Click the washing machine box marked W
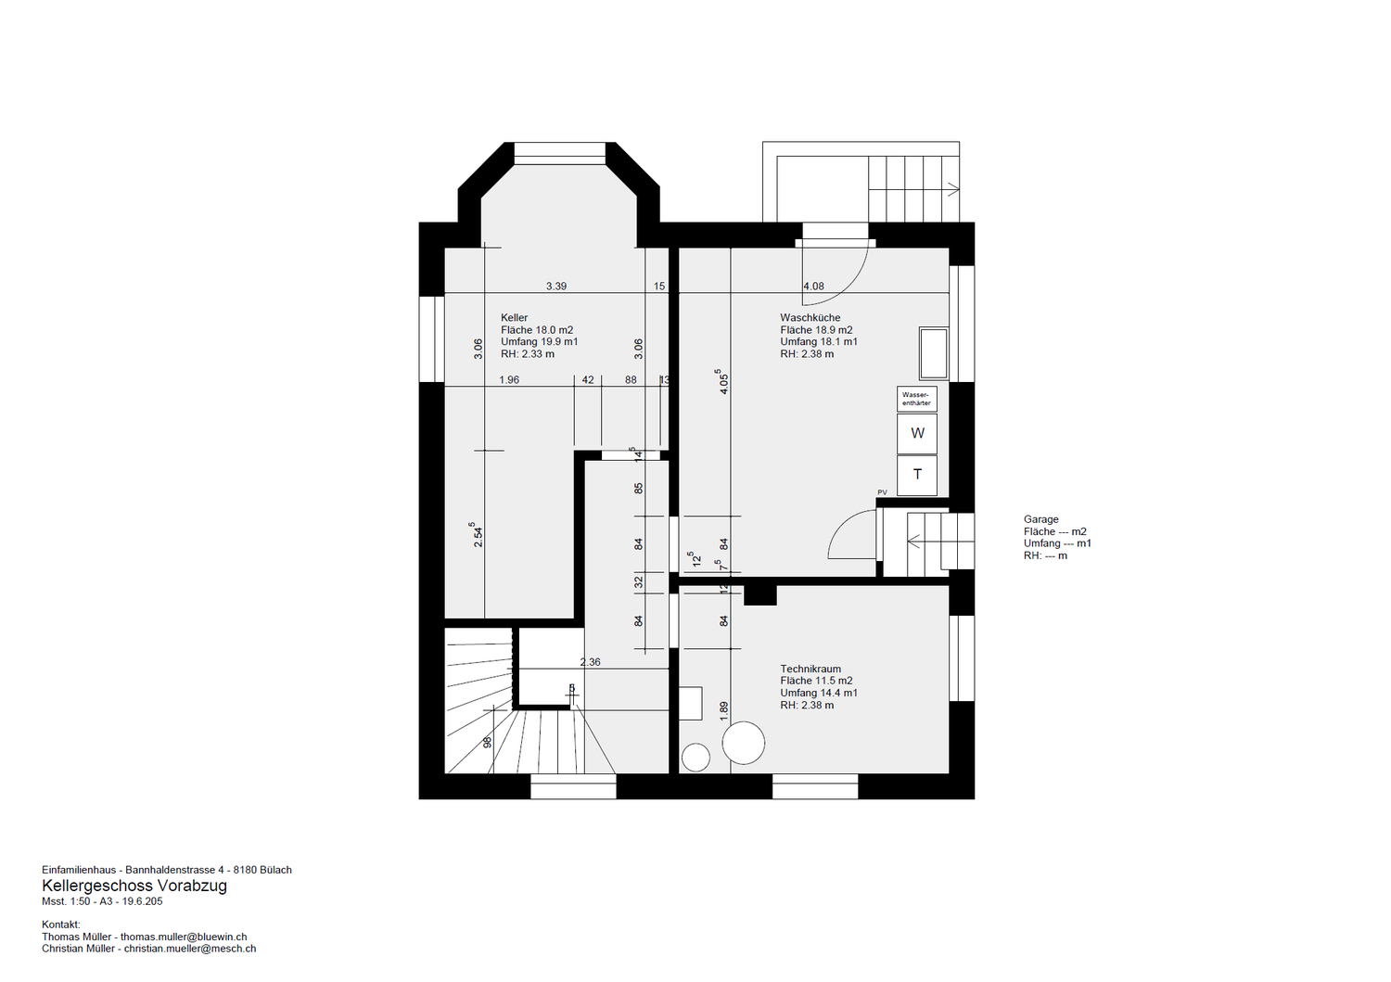[916, 434]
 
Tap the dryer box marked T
[916, 475]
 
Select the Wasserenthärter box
[916, 399]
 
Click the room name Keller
[514, 318]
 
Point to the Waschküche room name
[810, 318]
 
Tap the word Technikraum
[810, 669]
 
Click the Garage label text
[1041, 519]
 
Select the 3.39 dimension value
[556, 287]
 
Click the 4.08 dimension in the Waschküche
[813, 287]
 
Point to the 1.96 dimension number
[509, 380]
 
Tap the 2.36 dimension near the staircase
[590, 662]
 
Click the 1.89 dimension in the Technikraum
[723, 711]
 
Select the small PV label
[883, 492]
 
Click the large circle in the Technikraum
[744, 743]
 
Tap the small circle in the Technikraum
[695, 758]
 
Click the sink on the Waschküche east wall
[933, 353]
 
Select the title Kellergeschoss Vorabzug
[134, 886]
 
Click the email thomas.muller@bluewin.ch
[184, 937]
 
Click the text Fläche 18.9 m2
[816, 330]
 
